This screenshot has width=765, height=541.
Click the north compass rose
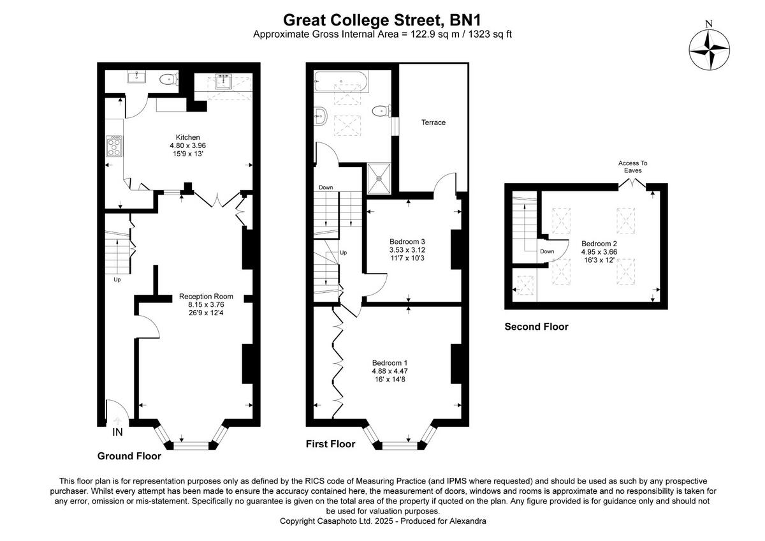(710, 50)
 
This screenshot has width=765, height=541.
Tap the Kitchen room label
(188, 137)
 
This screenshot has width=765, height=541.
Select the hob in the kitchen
(115, 146)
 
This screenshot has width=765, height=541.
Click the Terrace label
(433, 122)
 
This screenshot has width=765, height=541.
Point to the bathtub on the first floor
(341, 81)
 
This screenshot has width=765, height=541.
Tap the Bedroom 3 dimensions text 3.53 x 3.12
(407, 250)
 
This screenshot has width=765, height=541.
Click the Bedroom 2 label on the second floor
(599, 243)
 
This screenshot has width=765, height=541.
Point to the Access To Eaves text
(632, 167)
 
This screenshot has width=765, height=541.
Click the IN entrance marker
(117, 433)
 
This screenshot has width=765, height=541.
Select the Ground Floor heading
(129, 456)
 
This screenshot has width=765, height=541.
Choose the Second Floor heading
(536, 327)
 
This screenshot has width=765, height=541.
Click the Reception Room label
(206, 296)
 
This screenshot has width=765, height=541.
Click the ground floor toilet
(167, 80)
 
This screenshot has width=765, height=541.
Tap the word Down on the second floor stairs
(547, 251)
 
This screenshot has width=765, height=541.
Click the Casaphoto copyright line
(382, 521)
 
